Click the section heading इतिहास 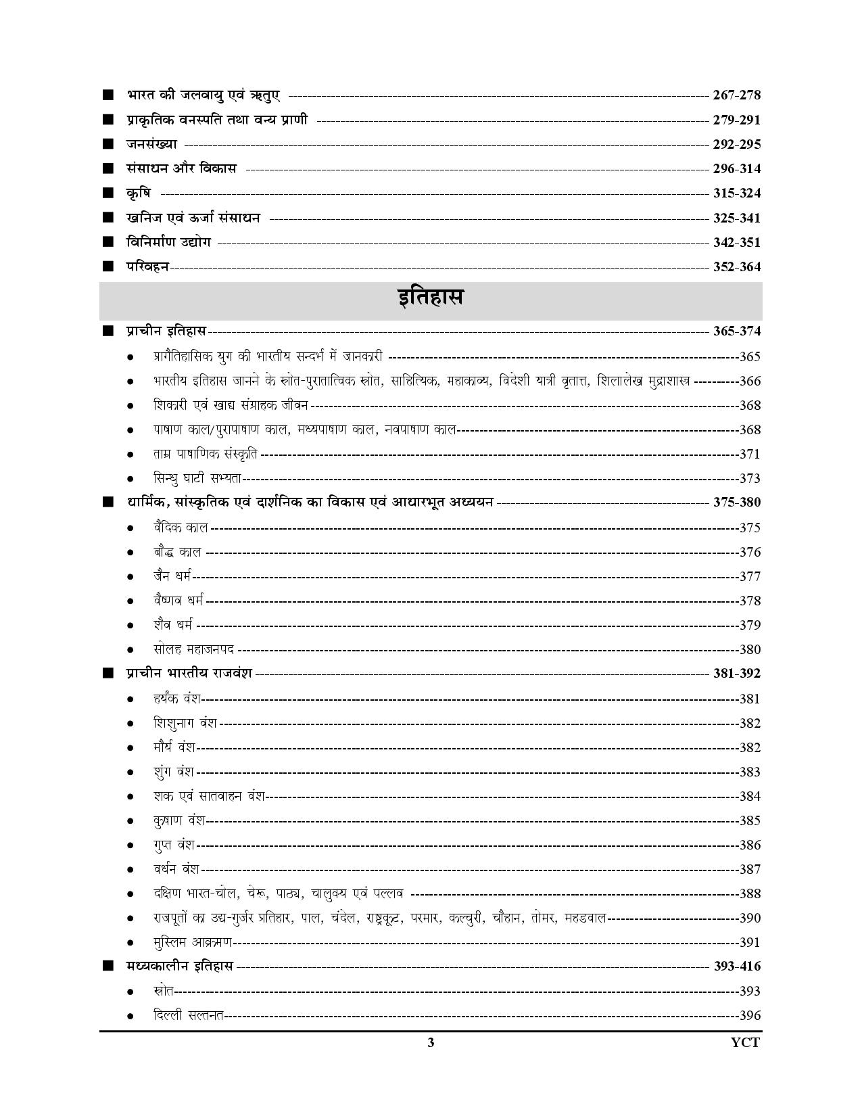pos(430,298)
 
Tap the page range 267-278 pos(736,95)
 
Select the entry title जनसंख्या pos(151,144)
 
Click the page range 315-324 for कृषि pos(736,193)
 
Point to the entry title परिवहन pos(147,266)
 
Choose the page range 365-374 pos(736,331)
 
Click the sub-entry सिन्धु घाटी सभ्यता pos(197,479)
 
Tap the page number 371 pos(750,455)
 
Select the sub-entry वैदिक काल pos(181,528)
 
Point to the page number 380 pos(750,650)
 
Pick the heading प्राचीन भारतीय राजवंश pos(189,674)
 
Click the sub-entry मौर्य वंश pos(174,747)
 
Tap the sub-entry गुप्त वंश pos(174,845)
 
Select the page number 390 pos(750,919)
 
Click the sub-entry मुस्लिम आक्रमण pos(193,942)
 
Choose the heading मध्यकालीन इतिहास pos(179,967)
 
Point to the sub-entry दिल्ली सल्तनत pos(189,1016)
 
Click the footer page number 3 pos(431,1042)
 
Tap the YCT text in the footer pos(745,1042)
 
